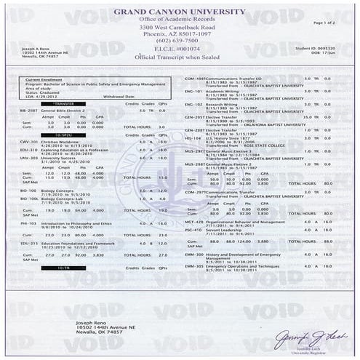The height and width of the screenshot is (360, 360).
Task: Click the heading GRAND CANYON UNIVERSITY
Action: [180, 13]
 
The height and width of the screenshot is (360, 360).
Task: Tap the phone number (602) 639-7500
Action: [180, 41]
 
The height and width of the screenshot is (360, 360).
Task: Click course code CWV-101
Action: [28, 142]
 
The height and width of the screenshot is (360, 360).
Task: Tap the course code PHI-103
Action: [28, 223]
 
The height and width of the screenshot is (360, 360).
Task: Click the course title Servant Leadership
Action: [225, 228]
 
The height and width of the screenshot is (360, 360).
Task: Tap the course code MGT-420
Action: [194, 221]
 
